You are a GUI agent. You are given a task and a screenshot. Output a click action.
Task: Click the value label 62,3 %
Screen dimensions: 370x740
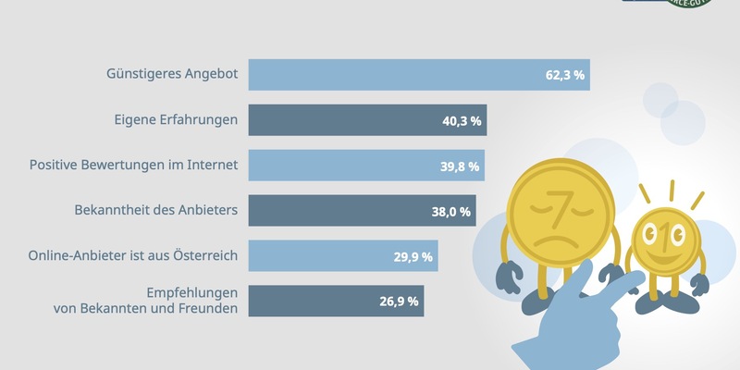pos(564,75)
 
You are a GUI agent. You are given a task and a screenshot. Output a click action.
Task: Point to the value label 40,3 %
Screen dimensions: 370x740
pos(461,120)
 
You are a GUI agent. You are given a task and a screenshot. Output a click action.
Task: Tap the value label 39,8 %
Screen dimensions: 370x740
pos(459,166)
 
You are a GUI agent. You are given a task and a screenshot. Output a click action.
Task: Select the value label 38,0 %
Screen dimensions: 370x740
pos(451,212)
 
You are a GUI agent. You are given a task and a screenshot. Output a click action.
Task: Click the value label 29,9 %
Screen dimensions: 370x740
pos(413,257)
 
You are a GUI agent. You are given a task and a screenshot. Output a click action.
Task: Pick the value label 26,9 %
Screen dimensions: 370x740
pos(400,302)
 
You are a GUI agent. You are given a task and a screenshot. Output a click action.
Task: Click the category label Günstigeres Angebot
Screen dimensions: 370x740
pos(172,75)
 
